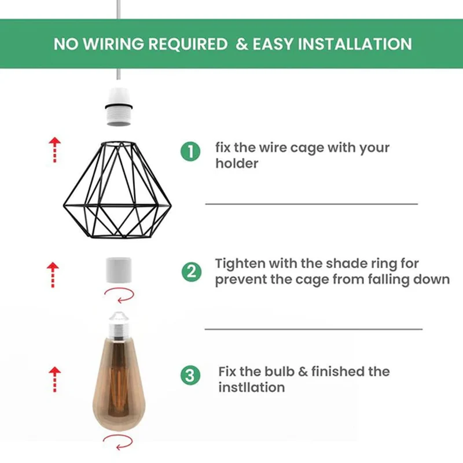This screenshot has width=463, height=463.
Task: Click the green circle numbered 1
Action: pyautogui.click(x=190, y=152)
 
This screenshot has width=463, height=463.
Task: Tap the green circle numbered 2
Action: pyautogui.click(x=192, y=271)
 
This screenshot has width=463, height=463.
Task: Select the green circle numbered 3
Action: pyautogui.click(x=190, y=375)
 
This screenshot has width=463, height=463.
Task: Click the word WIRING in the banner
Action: pyautogui.click(x=113, y=44)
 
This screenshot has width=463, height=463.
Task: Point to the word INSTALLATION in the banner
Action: pyautogui.click(x=355, y=44)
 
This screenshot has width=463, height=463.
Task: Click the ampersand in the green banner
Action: pyautogui.click(x=242, y=45)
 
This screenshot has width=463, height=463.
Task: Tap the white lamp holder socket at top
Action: pyautogui.click(x=119, y=106)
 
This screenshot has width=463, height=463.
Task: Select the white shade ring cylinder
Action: pyautogui.click(x=119, y=270)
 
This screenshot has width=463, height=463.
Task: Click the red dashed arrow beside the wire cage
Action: pyautogui.click(x=54, y=150)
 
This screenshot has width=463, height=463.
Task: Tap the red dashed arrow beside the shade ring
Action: pyautogui.click(x=53, y=275)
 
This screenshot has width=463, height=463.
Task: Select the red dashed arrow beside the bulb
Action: pyautogui.click(x=54, y=380)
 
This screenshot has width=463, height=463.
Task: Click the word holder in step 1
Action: pyautogui.click(x=237, y=163)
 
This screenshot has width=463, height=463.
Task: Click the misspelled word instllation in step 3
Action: pyautogui.click(x=252, y=387)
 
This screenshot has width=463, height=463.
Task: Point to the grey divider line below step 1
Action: pyautogui.click(x=311, y=204)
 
